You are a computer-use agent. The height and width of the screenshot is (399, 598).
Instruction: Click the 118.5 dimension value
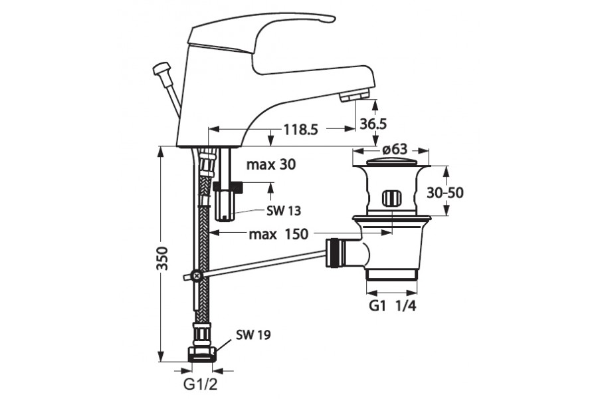click(x=300, y=130)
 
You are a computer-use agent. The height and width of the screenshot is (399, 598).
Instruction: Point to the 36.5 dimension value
click(x=373, y=124)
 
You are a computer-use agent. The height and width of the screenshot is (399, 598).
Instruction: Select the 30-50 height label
click(x=445, y=192)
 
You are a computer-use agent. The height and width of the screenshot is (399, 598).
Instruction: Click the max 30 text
click(x=271, y=164)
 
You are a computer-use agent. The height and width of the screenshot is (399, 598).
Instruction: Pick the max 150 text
click(x=278, y=233)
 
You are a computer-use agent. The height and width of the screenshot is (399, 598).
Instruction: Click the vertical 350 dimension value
click(x=163, y=259)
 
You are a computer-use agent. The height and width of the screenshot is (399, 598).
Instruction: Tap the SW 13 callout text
click(x=284, y=211)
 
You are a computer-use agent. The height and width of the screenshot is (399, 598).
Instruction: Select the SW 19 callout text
click(x=253, y=335)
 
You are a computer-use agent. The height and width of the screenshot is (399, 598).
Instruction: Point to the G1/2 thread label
click(x=200, y=384)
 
